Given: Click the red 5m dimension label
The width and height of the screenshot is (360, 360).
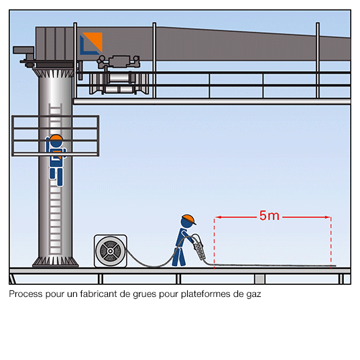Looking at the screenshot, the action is [269, 216].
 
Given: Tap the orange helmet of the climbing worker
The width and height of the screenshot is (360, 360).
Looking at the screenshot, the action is [56, 137].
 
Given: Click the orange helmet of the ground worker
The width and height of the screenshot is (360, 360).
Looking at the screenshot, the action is [188, 219].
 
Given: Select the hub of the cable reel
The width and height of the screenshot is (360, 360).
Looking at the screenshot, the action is [110, 251].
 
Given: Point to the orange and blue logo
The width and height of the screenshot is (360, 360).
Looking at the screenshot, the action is [91, 44].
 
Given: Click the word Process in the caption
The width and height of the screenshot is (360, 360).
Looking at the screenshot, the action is [25, 294].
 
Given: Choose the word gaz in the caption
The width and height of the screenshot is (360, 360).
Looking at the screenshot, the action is [254, 294].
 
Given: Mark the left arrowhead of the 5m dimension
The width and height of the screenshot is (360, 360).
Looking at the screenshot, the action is [218, 217].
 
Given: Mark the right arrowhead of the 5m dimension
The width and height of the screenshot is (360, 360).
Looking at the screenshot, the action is [328, 217].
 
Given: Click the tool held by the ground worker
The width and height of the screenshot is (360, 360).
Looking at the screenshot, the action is [199, 248].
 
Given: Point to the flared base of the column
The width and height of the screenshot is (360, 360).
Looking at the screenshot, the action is [56, 261].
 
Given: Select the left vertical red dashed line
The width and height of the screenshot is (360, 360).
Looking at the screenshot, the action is [215, 243].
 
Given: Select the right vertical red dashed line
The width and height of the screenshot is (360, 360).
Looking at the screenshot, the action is [331, 242].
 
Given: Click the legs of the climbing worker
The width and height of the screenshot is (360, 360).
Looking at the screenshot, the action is [56, 176].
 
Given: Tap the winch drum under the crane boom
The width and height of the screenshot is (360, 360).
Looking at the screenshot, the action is [119, 83].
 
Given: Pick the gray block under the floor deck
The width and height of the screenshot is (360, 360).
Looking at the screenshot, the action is [259, 279].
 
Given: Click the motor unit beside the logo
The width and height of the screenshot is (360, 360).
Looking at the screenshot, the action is [119, 62].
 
